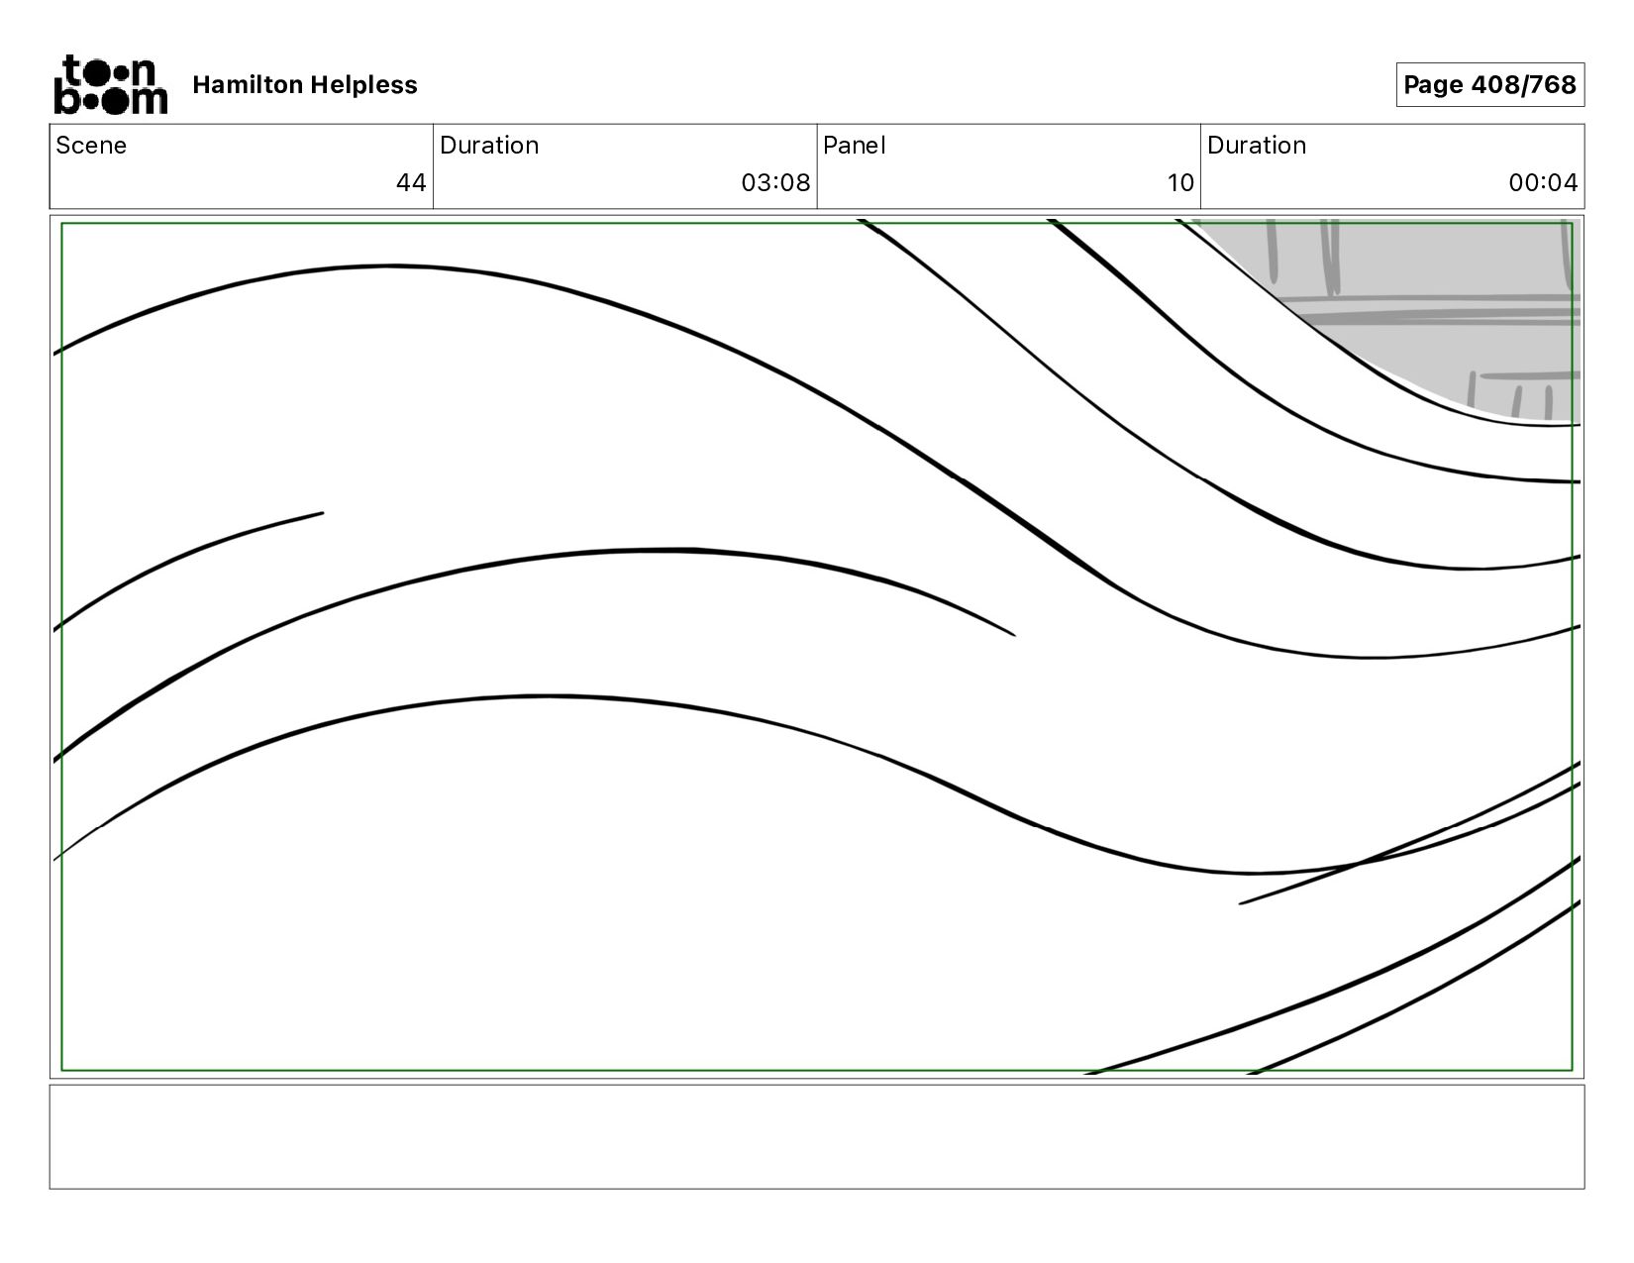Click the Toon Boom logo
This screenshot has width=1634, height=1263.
[x=110, y=84]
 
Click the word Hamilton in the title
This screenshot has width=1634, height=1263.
[x=248, y=85]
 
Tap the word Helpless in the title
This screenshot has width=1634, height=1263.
[x=363, y=85]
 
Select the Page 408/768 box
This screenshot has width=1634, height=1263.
[x=1489, y=85]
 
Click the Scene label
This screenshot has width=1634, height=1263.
[x=91, y=146]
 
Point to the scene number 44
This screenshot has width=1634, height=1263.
[x=411, y=183]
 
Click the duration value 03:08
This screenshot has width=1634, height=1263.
[x=775, y=183]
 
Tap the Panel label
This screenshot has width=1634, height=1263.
[x=854, y=146]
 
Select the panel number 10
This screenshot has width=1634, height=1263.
[x=1180, y=183]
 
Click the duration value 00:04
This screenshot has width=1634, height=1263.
[x=1543, y=183]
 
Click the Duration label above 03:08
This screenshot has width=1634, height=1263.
[x=489, y=146]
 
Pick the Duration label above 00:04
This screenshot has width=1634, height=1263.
[x=1257, y=146]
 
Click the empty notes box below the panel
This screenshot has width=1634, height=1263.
[x=817, y=1136]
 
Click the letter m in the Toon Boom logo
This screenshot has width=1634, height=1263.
[x=149, y=100]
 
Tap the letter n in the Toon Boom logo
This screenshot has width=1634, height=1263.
[x=145, y=72]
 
